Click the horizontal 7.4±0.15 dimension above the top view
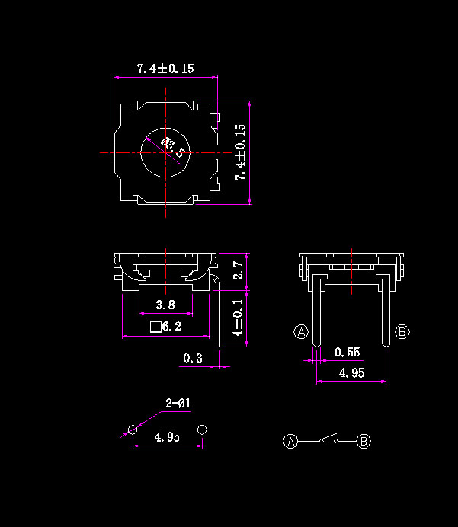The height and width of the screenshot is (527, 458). (165, 69)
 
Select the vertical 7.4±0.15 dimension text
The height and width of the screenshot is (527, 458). (241, 152)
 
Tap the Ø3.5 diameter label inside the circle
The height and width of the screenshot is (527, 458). (172, 147)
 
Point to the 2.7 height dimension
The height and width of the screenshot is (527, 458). (238, 270)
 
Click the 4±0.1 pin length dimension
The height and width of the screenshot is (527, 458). (238, 318)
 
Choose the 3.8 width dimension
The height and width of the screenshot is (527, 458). (165, 305)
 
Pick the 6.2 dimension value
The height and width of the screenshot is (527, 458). (171, 326)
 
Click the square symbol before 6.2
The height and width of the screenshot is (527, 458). (156, 327)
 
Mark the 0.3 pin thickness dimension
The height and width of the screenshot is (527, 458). (193, 358)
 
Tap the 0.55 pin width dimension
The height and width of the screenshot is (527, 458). (347, 353)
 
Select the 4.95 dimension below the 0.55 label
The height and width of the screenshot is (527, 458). (351, 372)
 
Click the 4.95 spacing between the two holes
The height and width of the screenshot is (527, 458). (167, 437)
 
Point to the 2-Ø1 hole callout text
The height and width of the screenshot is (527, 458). (178, 403)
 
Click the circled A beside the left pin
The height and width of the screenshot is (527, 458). (301, 332)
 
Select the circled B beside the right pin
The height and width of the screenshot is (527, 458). (402, 332)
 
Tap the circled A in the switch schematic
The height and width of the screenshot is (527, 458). (290, 441)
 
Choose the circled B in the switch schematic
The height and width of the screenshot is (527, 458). (364, 441)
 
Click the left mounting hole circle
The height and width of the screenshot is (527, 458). (133, 430)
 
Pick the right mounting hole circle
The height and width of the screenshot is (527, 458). (202, 430)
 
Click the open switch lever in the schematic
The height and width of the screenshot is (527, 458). (328, 438)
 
